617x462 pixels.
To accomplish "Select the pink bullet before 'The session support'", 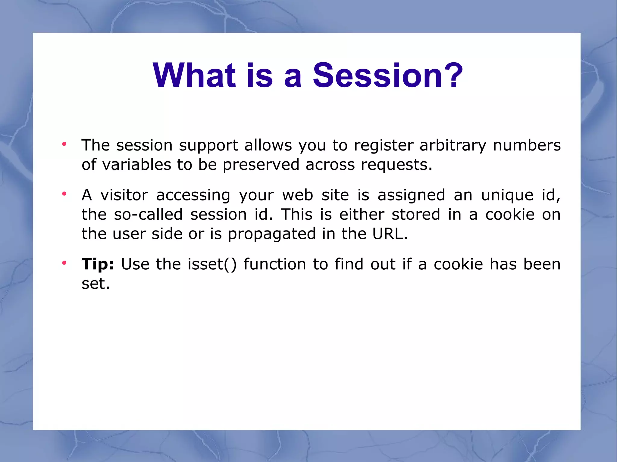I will (64, 144).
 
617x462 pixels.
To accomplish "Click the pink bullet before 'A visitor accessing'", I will (64, 194).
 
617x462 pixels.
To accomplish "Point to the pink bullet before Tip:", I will (64, 263).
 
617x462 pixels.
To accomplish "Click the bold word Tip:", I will (98, 264).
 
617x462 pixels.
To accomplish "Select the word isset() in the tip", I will (212, 264).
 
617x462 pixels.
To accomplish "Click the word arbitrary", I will (453, 146).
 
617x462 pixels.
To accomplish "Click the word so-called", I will (148, 215).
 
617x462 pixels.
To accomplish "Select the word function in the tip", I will (275, 264).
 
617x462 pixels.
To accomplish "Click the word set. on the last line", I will (96, 284).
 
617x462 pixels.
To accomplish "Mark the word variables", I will (137, 165).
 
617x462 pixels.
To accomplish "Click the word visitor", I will (124, 195).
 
